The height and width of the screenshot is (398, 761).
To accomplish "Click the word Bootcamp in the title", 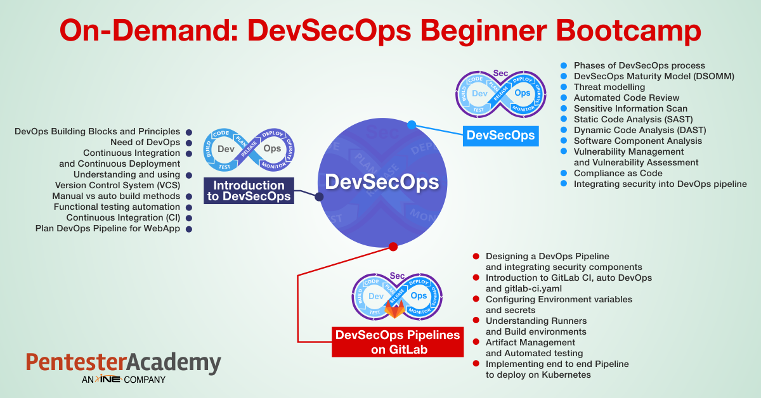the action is point(628,31).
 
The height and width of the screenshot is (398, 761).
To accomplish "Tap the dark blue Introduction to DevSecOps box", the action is point(249,191).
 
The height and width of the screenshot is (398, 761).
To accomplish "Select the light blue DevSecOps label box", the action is point(501,136).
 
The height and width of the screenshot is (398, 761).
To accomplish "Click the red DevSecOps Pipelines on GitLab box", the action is point(398,342).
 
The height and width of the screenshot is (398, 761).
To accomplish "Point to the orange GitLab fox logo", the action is point(394,309).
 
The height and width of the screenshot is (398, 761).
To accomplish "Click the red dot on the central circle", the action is point(393,247).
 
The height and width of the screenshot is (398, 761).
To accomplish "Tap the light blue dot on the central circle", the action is point(412,125).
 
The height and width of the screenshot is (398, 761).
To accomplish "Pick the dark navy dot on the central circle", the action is point(319,196).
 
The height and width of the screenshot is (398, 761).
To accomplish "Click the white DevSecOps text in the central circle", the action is point(382,182).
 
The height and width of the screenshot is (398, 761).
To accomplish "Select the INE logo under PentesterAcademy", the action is point(108,378).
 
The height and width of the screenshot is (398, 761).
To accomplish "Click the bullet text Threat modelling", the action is point(609,87).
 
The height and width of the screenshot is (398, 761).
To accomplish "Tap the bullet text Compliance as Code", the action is point(618,173).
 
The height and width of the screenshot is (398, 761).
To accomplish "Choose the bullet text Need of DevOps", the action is point(145,143).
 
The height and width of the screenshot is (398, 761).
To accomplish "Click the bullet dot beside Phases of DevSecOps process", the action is point(564,65).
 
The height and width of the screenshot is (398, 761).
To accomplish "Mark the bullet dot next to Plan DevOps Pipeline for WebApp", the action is point(189,229).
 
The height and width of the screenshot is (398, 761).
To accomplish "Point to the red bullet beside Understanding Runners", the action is point(476,320).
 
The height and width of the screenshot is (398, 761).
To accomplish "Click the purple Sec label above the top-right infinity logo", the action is point(500,73).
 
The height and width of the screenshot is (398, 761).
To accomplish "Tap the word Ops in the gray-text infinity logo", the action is point(272,148).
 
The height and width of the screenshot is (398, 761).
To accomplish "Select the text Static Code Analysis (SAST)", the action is point(634,120).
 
